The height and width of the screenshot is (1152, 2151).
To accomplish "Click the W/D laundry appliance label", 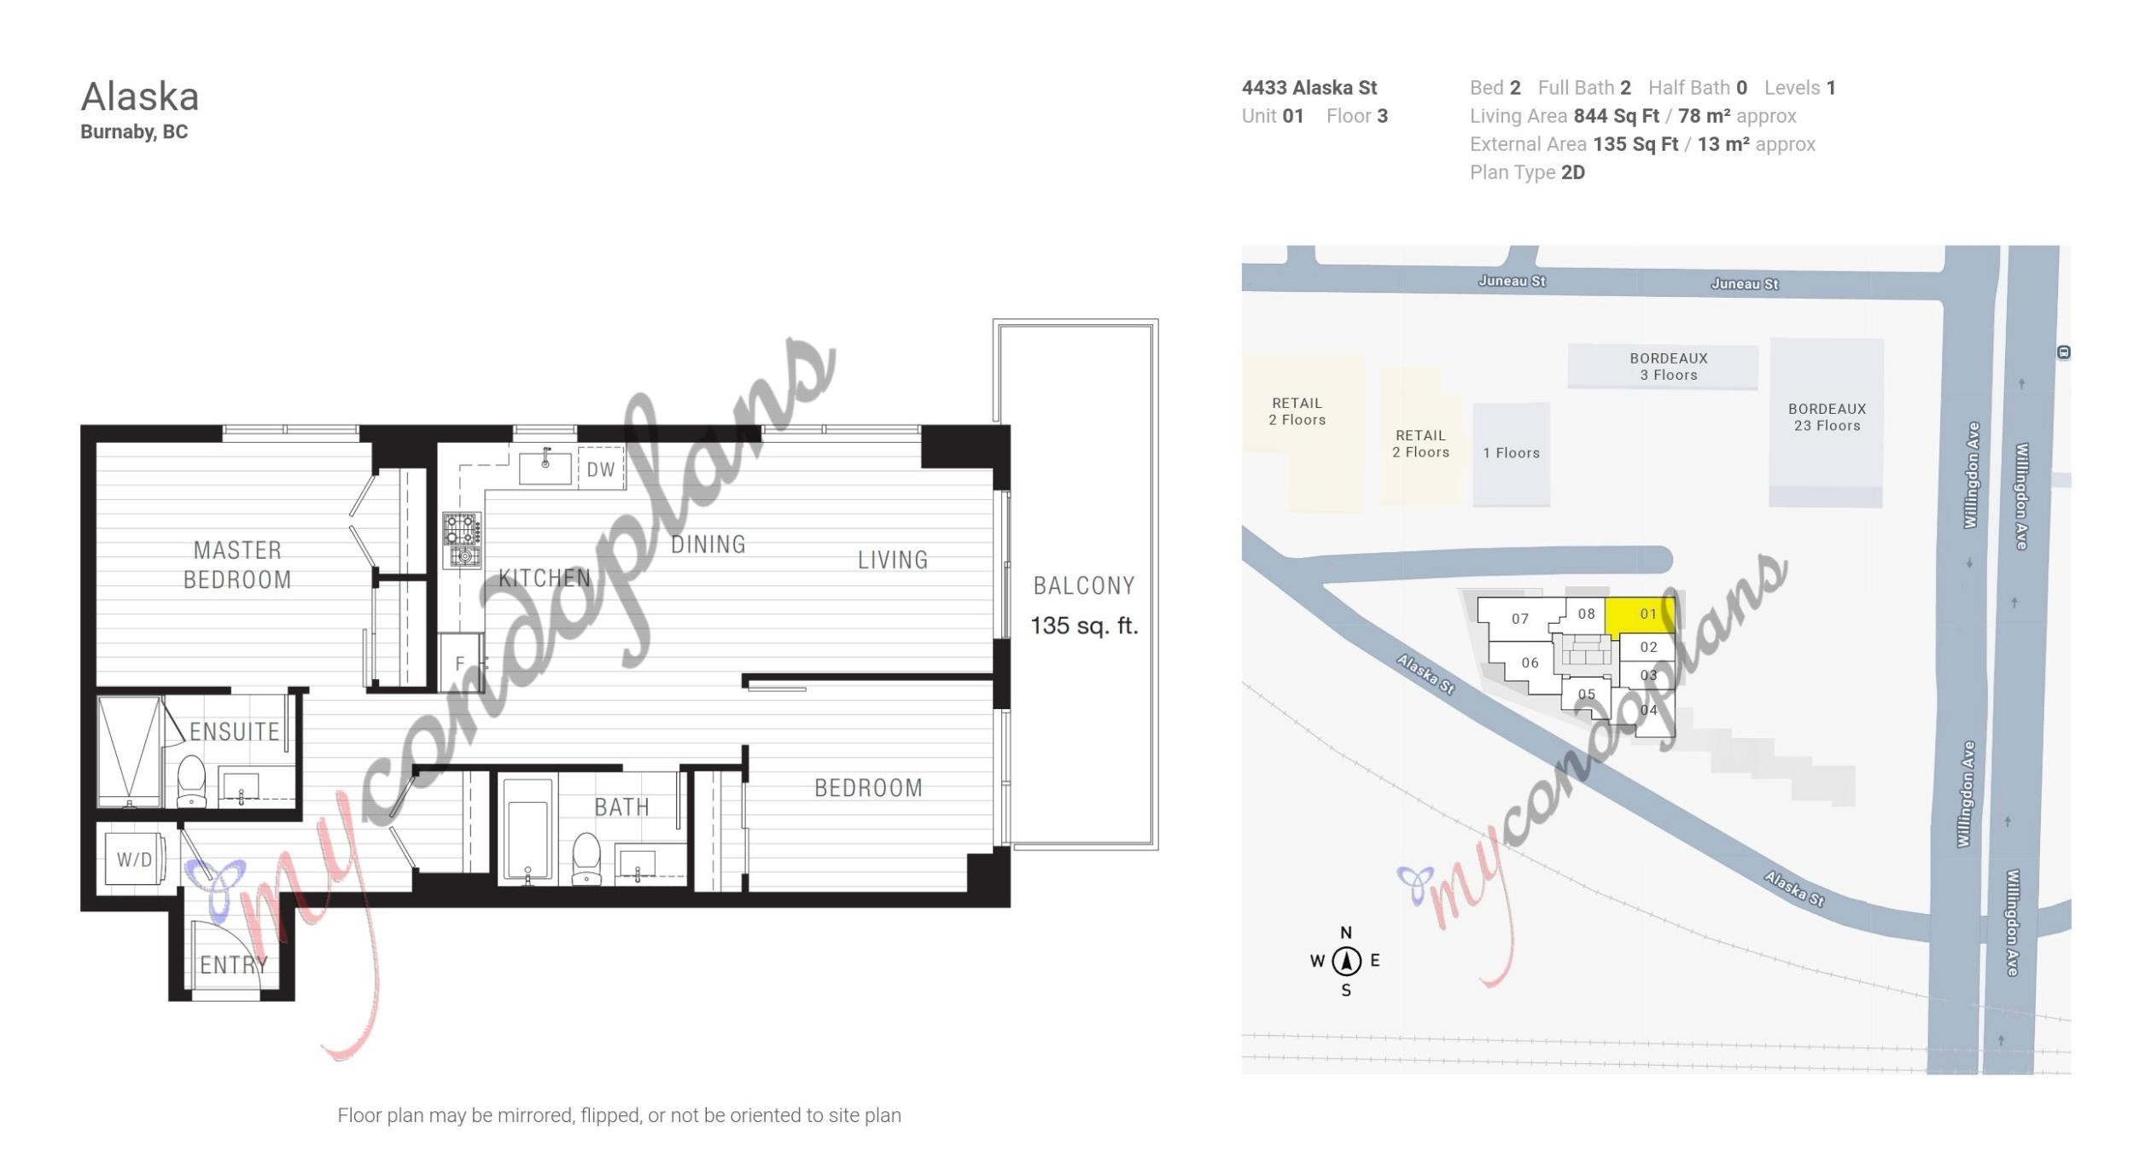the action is click(x=134, y=859).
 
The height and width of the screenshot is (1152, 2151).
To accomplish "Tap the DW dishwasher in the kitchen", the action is click(x=601, y=468).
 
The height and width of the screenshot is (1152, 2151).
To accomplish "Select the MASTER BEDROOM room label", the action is click(x=237, y=565).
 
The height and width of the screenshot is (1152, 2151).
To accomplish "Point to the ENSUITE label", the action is click(x=234, y=731).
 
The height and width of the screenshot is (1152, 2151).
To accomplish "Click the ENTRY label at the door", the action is click(x=233, y=964).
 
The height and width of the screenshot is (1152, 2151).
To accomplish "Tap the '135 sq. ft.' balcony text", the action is click(x=1084, y=625).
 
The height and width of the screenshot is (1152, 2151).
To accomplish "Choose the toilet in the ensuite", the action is click(x=191, y=780).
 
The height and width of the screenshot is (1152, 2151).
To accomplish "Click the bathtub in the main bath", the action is click(x=528, y=829).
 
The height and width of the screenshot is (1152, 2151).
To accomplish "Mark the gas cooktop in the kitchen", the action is click(x=461, y=540).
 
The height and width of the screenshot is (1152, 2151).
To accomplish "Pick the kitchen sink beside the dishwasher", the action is click(x=545, y=467).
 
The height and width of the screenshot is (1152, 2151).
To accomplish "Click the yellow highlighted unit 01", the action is click(x=1640, y=615).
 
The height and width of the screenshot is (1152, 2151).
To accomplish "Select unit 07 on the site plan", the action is click(x=1520, y=619).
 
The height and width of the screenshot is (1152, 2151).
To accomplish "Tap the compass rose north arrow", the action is click(x=1346, y=961).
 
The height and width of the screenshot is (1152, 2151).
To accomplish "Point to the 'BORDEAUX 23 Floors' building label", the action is click(x=1827, y=417).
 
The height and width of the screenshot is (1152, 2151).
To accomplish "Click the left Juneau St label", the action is click(x=1512, y=281).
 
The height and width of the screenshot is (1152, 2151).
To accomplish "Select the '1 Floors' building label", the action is click(x=1511, y=453).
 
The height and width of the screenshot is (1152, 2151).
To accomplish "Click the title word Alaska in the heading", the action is click(x=140, y=96).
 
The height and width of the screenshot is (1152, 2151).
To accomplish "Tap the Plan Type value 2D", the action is click(x=1572, y=172).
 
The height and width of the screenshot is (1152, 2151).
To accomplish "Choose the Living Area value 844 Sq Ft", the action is click(x=1616, y=116).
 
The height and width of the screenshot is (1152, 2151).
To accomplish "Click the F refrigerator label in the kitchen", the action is click(x=459, y=663).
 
